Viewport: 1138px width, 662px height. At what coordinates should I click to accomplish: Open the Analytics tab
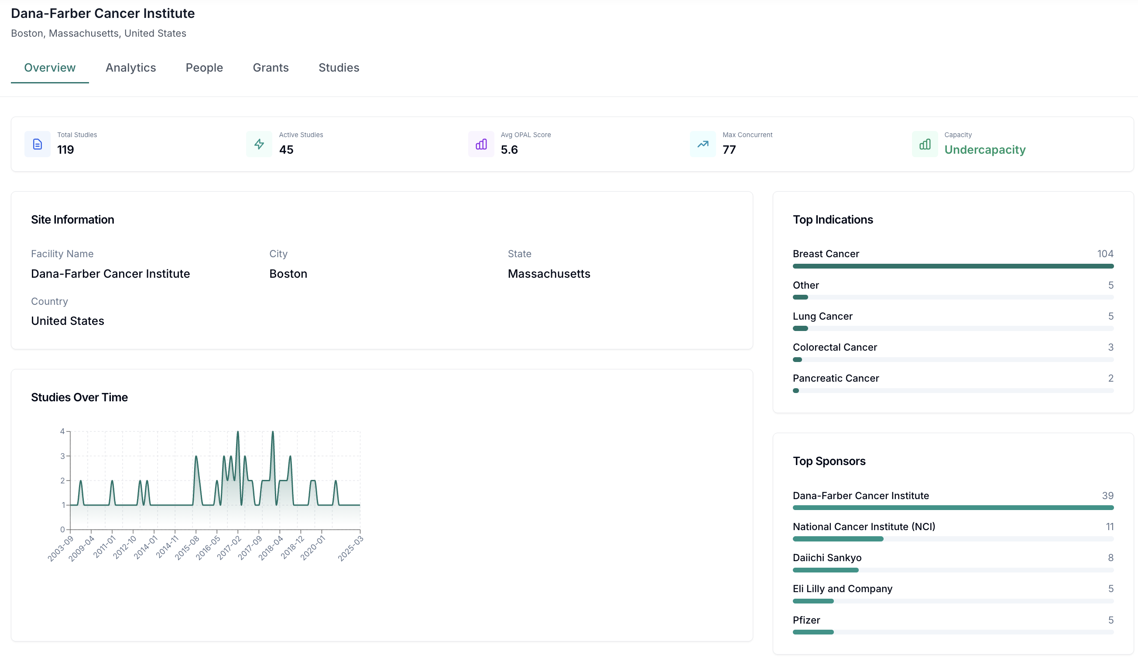130,68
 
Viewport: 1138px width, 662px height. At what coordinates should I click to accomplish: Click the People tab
204,68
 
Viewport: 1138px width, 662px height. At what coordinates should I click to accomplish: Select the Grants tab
271,68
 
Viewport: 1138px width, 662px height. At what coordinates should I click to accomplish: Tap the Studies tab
339,68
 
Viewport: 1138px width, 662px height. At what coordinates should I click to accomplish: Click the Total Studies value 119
65,150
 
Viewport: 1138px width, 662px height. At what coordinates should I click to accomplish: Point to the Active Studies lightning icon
259,144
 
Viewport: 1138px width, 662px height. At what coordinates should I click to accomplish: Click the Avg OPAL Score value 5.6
509,150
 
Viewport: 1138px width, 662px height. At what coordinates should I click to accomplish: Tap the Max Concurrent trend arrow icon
703,144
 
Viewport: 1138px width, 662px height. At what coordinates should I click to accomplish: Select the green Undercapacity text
984,150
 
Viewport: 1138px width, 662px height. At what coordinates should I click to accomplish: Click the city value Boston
288,274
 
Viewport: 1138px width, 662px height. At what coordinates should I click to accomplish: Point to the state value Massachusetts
548,274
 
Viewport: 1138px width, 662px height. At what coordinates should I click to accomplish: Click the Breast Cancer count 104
1104,254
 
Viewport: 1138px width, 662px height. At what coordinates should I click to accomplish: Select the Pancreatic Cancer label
836,378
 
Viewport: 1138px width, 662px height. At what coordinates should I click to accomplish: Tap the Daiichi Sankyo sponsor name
827,558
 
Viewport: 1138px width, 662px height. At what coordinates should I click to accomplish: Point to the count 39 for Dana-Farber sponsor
1107,496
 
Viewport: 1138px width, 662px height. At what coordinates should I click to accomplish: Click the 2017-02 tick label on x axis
230,548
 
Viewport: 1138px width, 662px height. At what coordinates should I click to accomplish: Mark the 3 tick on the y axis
62,456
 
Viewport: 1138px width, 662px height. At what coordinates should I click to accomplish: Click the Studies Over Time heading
79,397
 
